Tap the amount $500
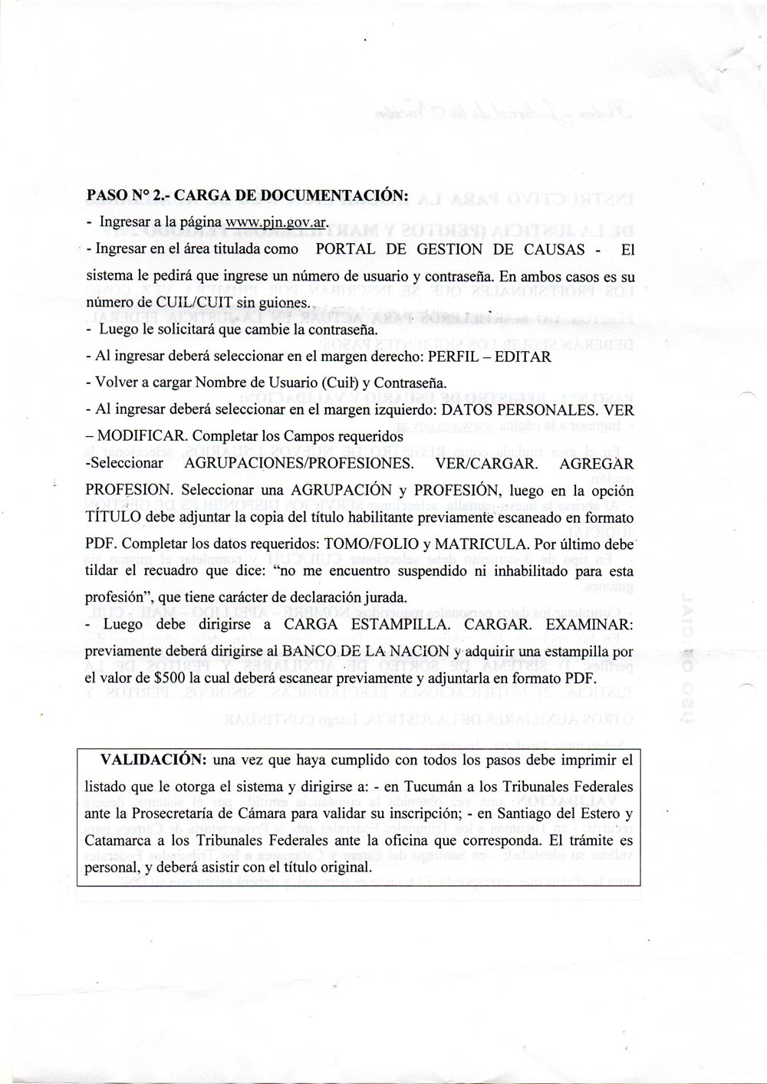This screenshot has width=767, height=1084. (x=170, y=678)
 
